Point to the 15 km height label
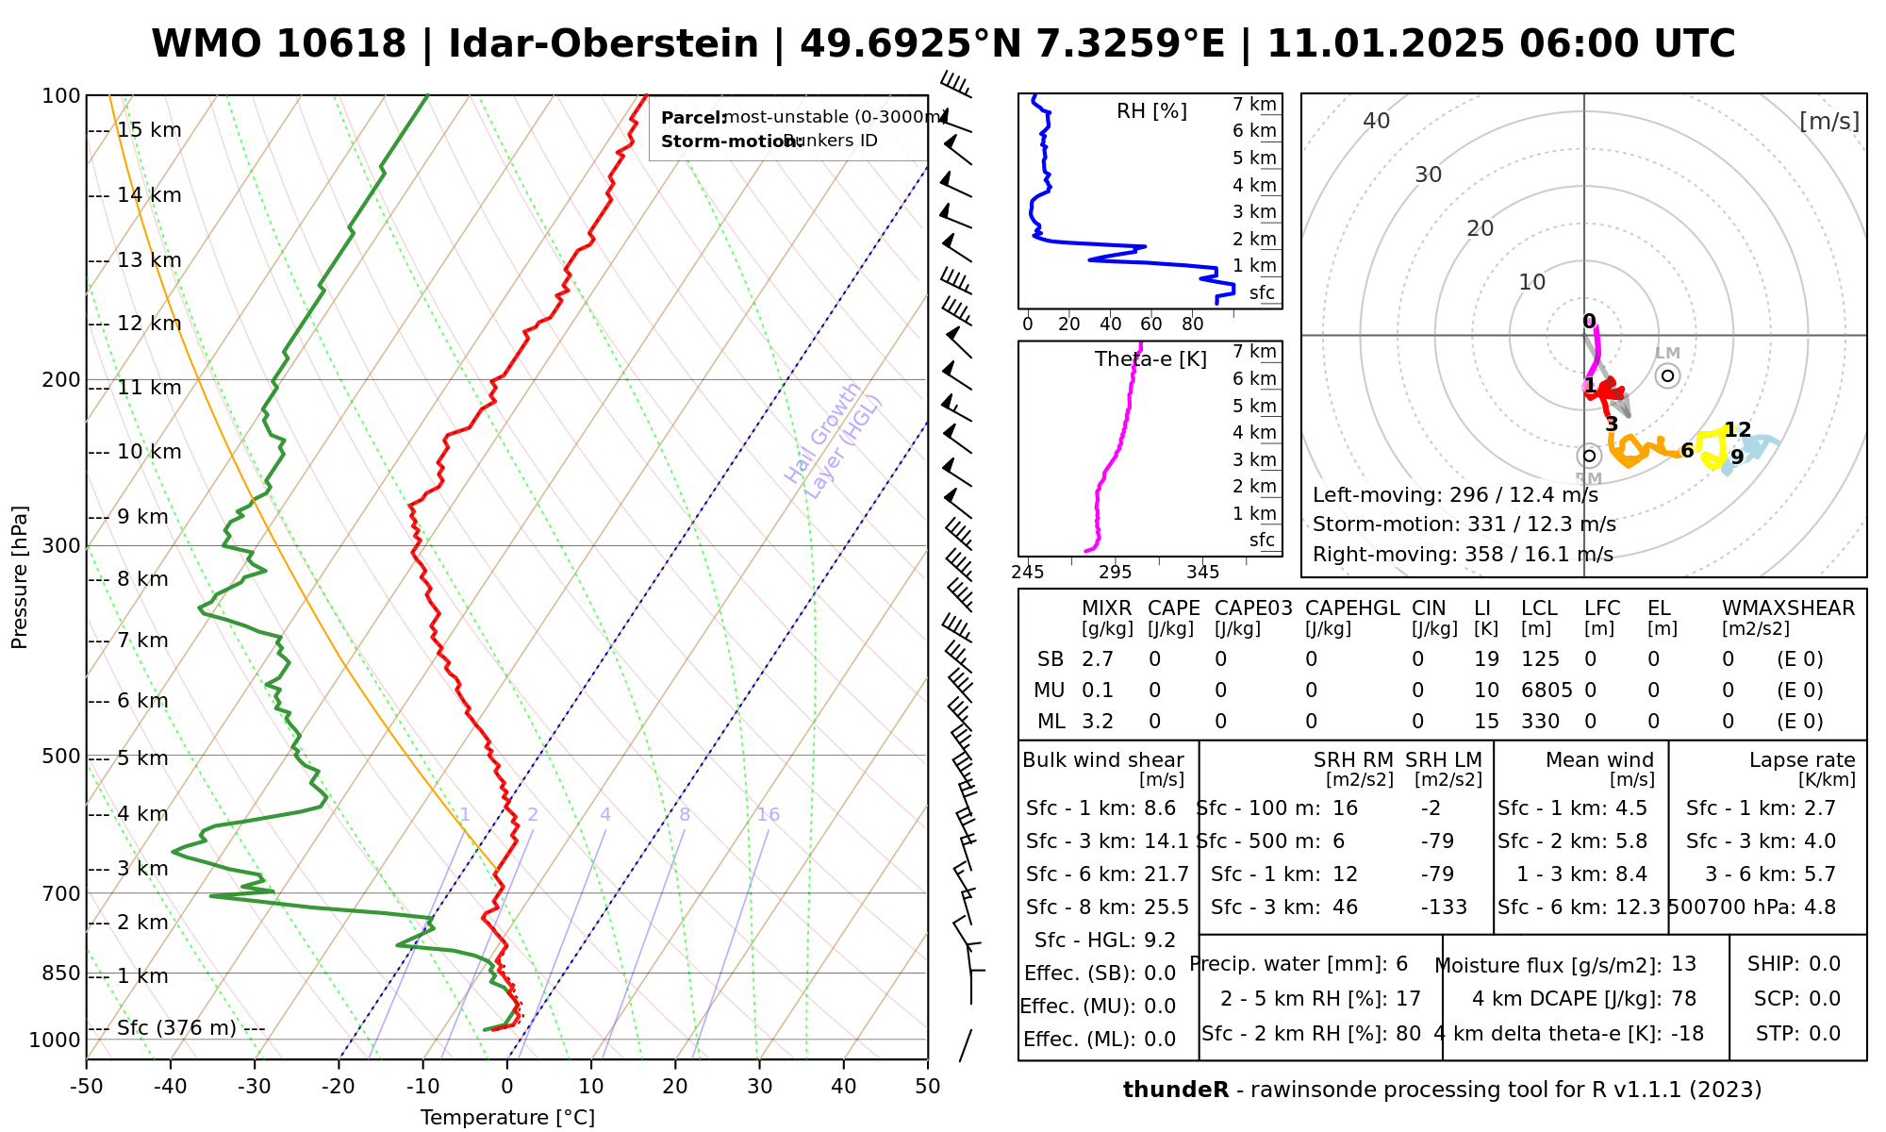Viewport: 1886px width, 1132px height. point(149,130)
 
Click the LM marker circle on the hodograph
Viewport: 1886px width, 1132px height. point(1667,375)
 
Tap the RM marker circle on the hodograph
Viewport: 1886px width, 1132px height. point(1589,456)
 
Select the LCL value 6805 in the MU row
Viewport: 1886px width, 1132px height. point(1547,691)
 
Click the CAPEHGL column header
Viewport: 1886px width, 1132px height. point(1351,608)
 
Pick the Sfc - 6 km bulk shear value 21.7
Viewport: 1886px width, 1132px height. point(1166,874)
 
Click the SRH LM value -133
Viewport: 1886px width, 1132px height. point(1444,907)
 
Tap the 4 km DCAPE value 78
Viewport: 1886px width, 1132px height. point(1683,999)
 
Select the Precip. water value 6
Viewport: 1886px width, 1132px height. point(1401,964)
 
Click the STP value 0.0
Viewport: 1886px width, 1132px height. point(1825,1034)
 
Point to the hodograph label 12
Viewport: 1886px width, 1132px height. point(1737,430)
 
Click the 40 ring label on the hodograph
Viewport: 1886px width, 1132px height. point(1377,121)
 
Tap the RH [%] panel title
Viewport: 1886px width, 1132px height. point(1151,111)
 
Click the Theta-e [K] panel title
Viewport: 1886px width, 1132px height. point(1150,359)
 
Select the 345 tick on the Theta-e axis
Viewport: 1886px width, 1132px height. point(1202,573)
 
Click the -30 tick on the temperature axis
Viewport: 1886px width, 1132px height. point(255,1087)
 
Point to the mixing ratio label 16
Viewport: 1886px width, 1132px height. point(768,815)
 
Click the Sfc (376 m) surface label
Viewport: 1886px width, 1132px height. point(176,1027)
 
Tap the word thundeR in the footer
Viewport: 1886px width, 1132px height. point(1175,1090)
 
